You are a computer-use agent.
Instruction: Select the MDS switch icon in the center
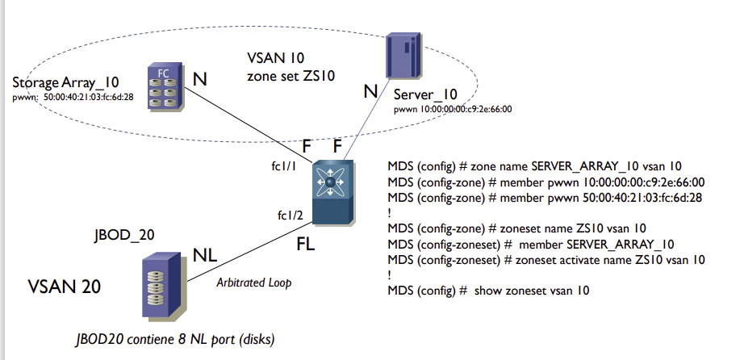(331, 192)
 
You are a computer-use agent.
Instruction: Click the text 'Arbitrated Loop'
(253, 283)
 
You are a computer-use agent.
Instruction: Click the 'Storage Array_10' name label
(66, 83)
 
